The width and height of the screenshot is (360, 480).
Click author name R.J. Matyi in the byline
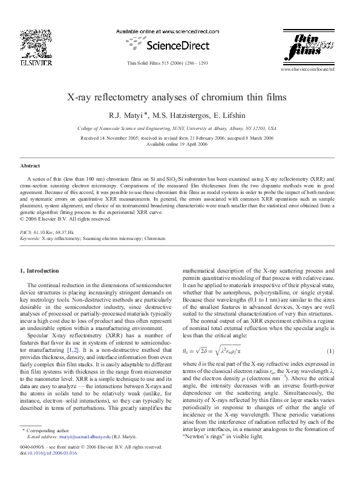(x=144, y=114)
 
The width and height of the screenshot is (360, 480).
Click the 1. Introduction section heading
(x=40, y=270)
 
